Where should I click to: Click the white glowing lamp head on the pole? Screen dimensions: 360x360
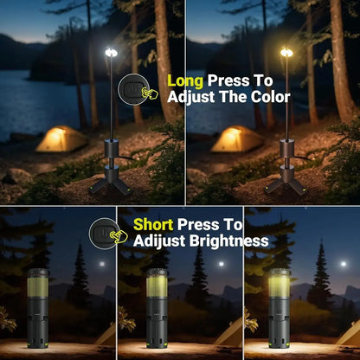(110, 54)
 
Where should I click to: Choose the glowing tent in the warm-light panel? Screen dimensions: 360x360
(238, 138)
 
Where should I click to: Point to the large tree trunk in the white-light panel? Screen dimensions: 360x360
(163, 61)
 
